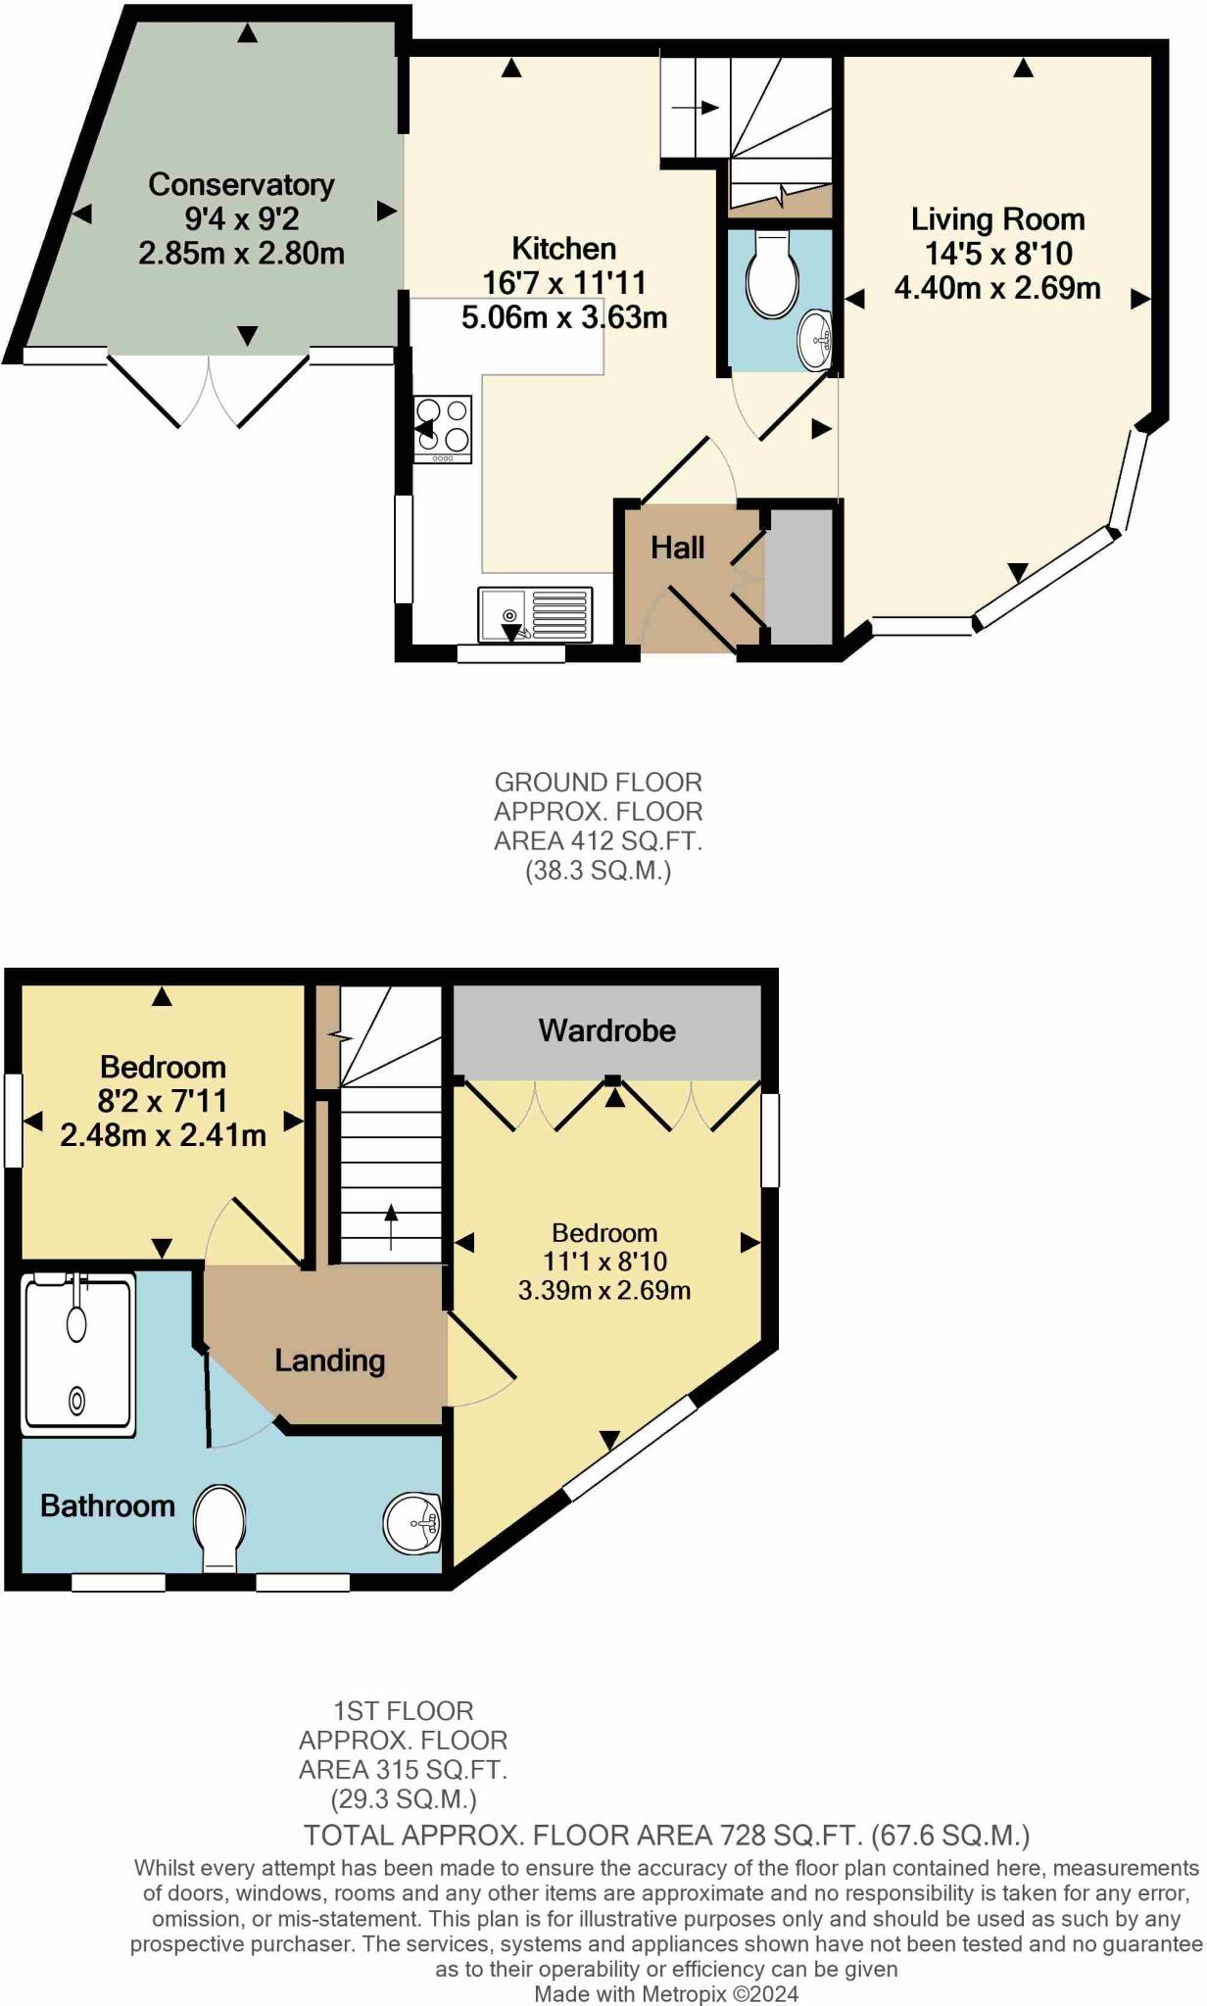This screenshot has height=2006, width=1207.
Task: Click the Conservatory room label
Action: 241,184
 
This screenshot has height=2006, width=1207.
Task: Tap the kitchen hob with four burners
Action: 443,428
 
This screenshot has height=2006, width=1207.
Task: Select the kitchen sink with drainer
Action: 535,614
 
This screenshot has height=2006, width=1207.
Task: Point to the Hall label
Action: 677,548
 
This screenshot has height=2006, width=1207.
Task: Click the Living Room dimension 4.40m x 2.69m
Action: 996,288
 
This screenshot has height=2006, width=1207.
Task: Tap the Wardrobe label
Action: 606,1030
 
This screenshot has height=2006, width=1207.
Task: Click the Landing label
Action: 329,1360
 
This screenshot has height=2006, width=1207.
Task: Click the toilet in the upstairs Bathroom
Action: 218,1527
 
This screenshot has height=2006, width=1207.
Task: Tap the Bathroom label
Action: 107,1505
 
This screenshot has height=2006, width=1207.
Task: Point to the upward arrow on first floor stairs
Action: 391,1225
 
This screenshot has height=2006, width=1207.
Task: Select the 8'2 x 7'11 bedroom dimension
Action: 162,1101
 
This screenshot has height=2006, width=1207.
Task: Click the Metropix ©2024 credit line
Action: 665,1993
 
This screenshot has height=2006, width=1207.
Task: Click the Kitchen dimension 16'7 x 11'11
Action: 563,283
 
